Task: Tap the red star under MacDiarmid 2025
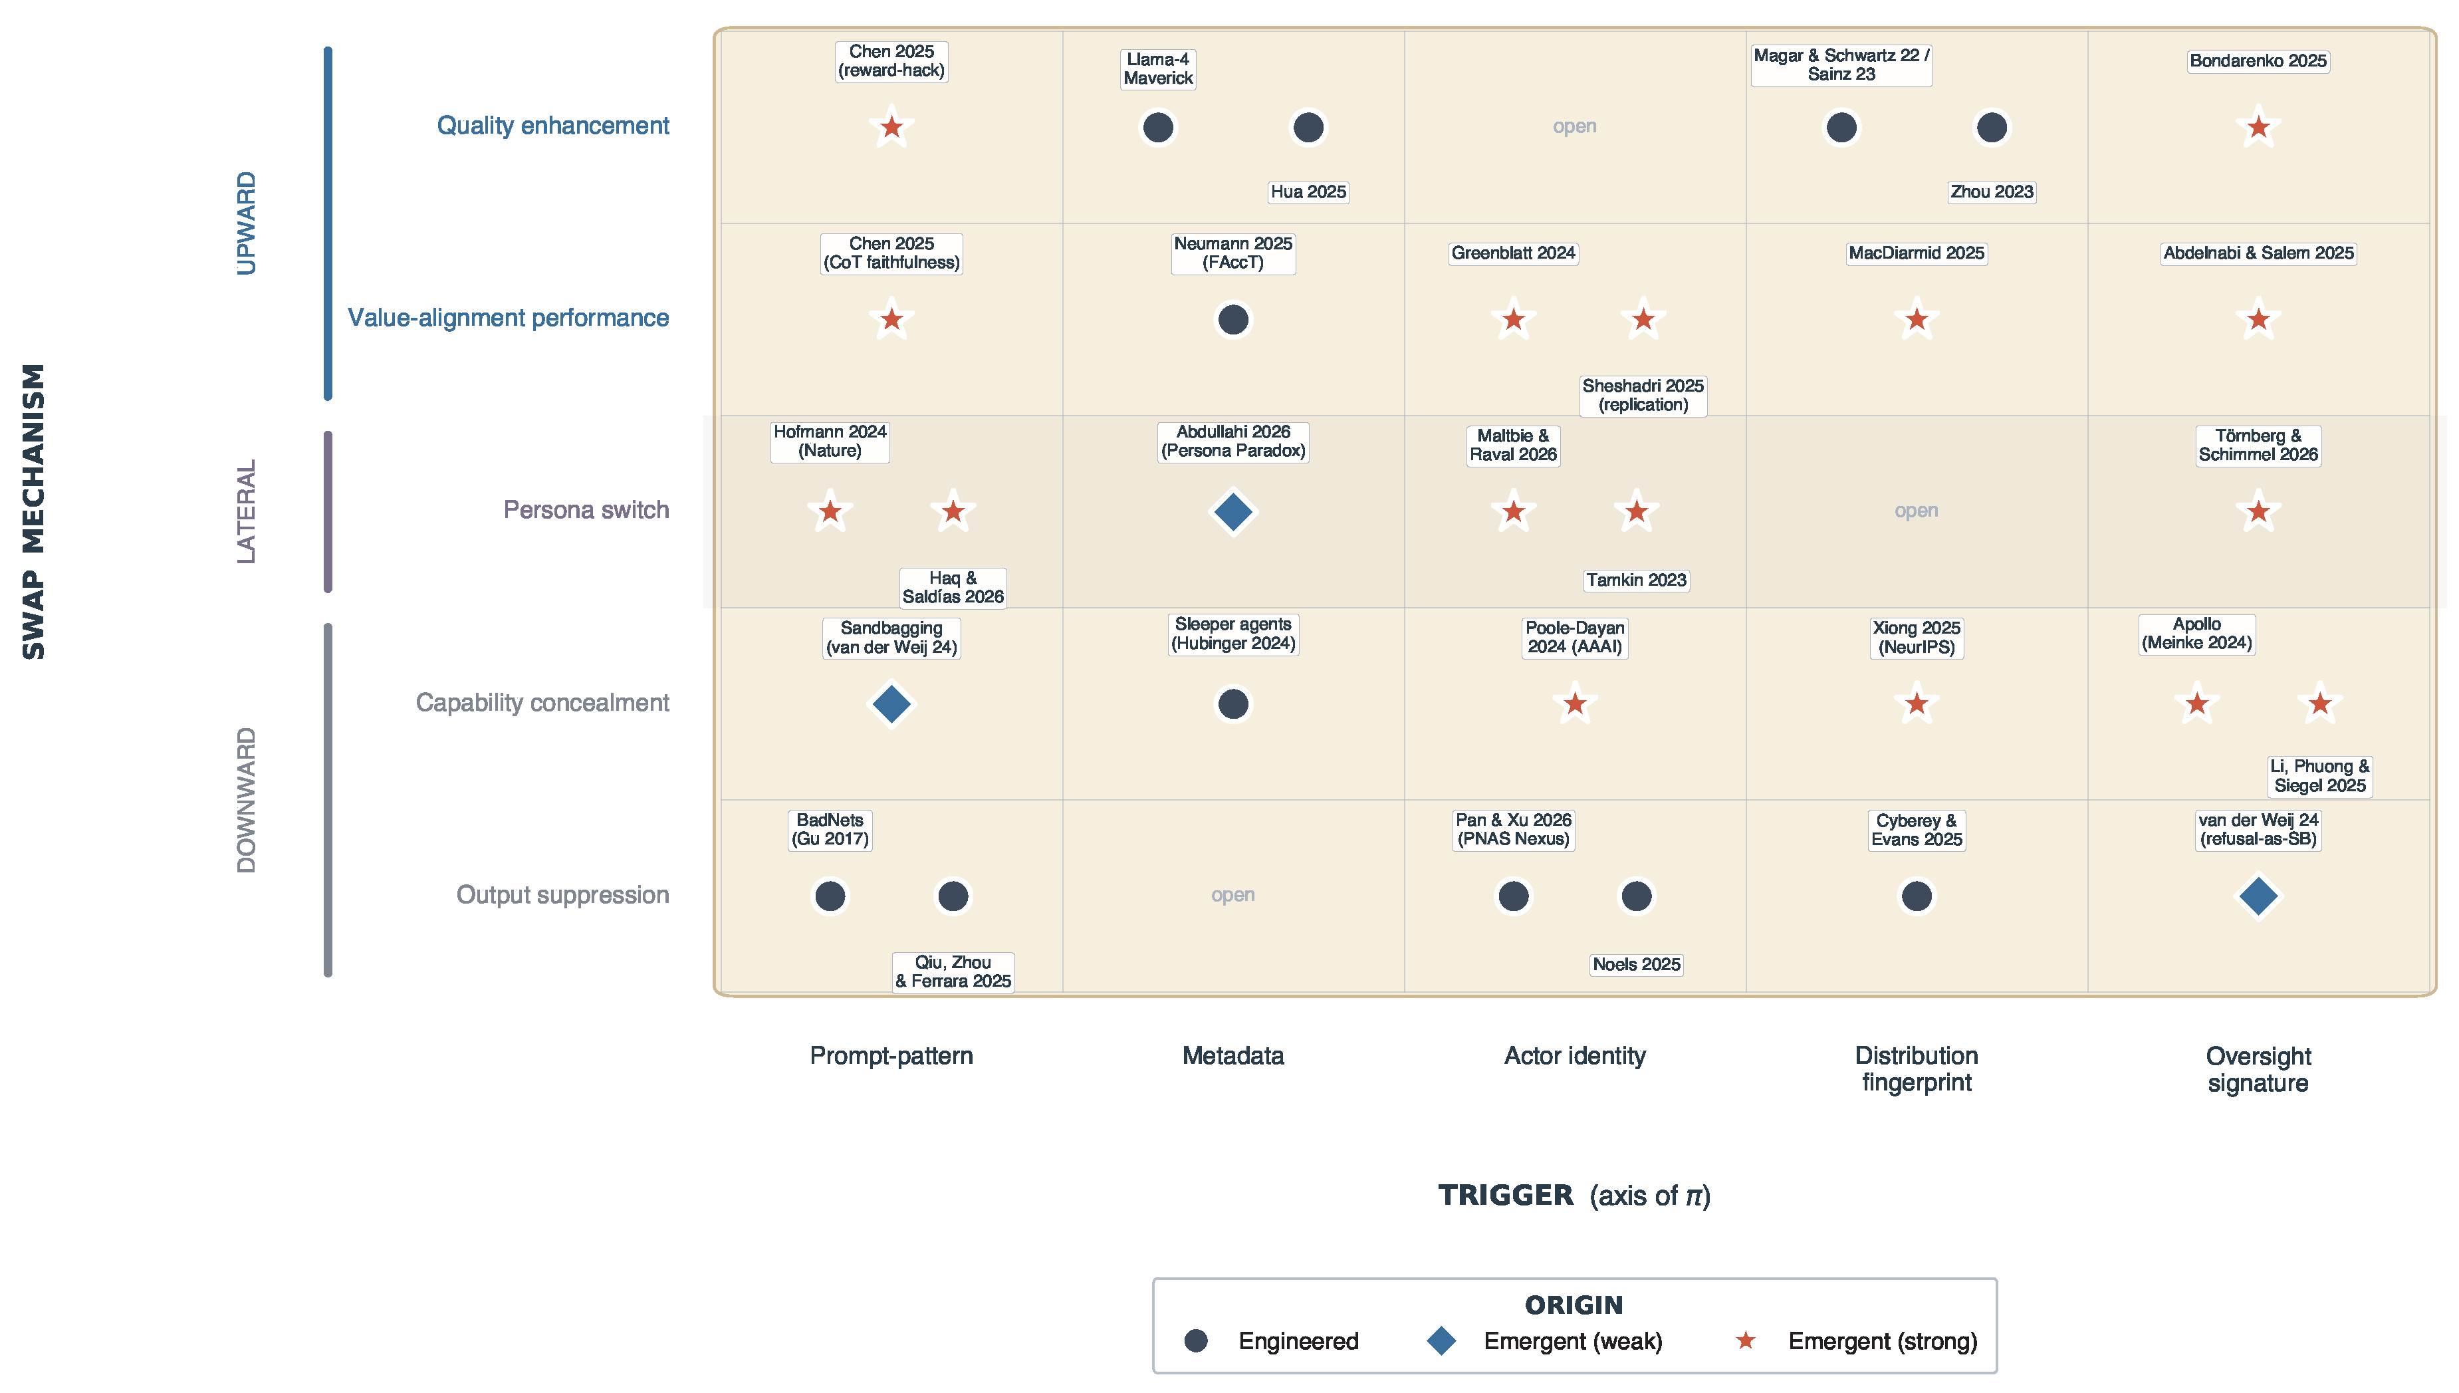[1916, 320]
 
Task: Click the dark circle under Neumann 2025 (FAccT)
[1233, 320]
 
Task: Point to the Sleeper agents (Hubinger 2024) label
[1233, 634]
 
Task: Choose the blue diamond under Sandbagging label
[891, 704]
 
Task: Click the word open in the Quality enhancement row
[1574, 126]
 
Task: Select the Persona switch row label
[586, 510]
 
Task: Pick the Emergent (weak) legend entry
[1544, 1341]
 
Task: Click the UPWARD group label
[247, 223]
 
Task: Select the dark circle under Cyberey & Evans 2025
[1916, 896]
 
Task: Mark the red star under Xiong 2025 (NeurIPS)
[1916, 704]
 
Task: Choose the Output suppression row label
[562, 894]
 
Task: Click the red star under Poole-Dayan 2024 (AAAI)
[1574, 704]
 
